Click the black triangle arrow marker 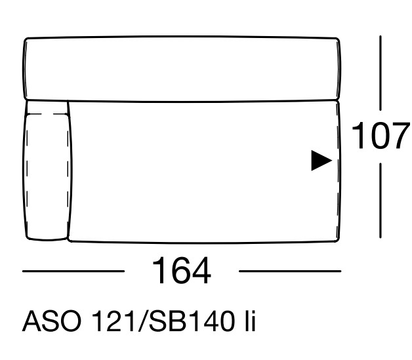coord(321,161)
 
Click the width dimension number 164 coord(182,271)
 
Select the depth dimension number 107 coord(381,136)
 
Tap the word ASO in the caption coord(52,321)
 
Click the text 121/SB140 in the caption coord(163,321)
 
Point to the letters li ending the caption coord(250,321)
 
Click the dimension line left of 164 coord(73,271)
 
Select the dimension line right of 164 coord(290,271)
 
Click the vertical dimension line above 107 coord(381,73)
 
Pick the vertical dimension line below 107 coord(381,201)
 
